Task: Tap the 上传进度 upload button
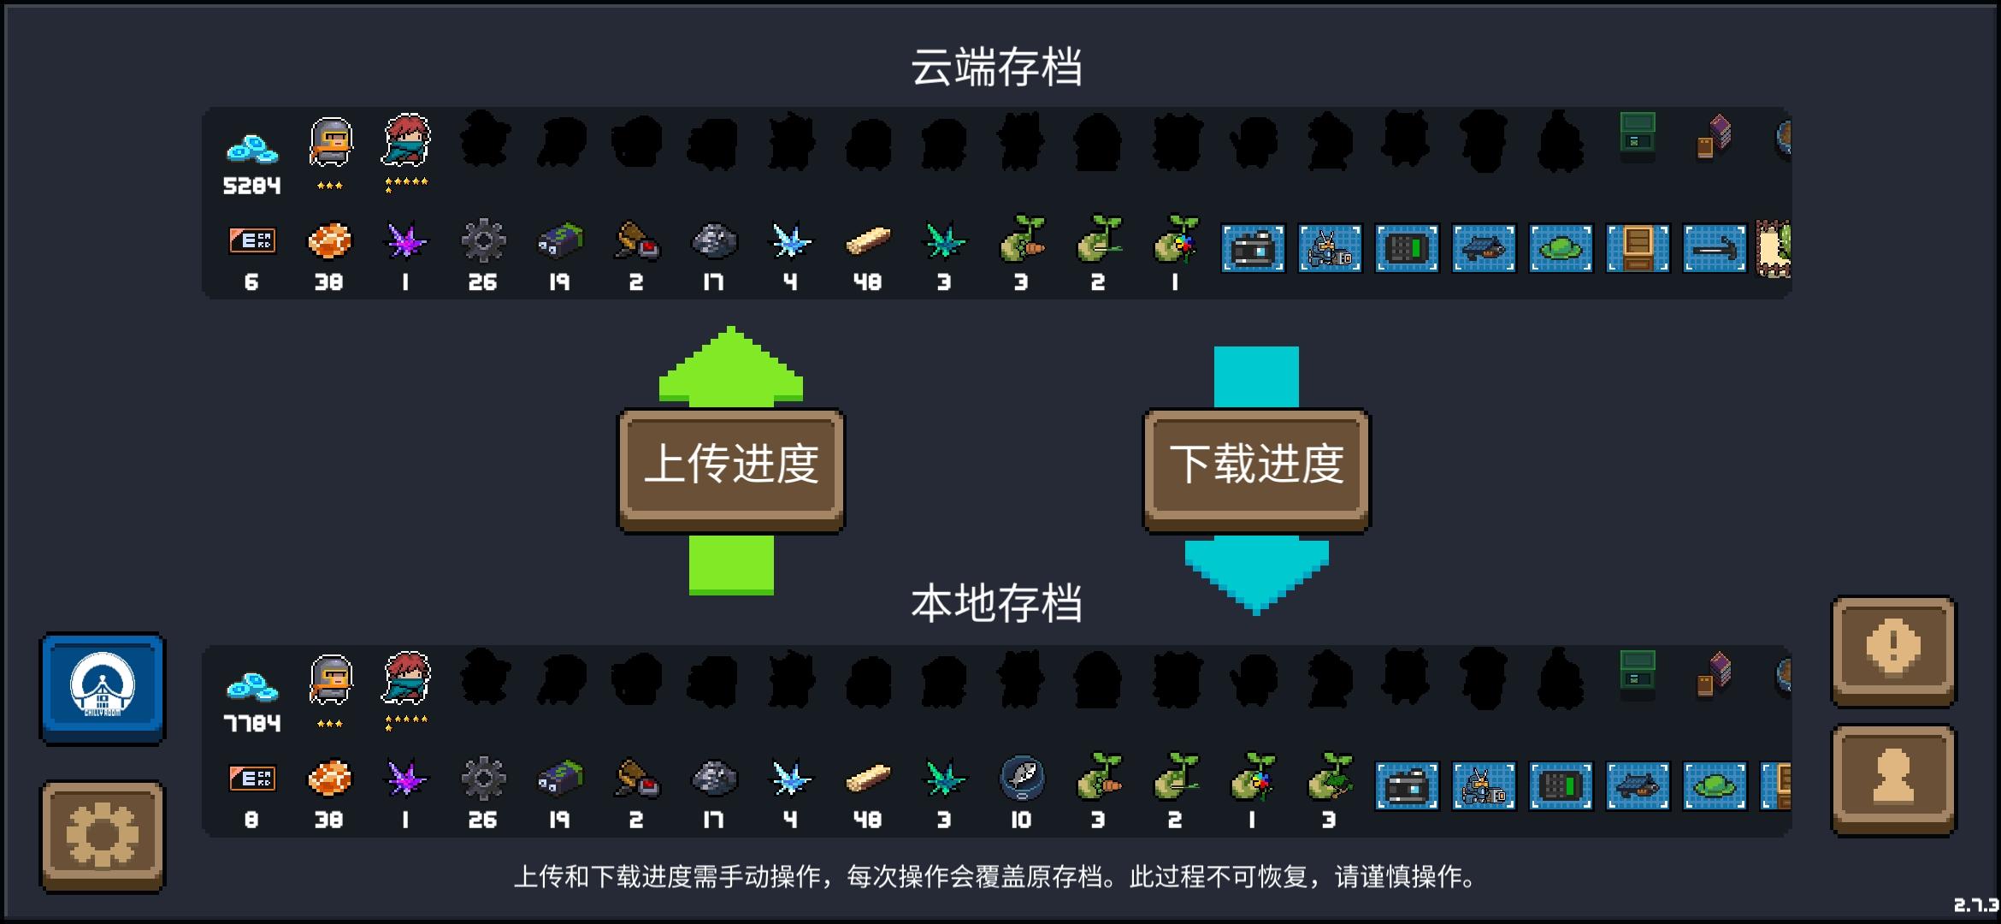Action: tap(731, 466)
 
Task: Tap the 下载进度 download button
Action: tap(1256, 466)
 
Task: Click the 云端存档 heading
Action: tap(996, 68)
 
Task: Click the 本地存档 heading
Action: tap(996, 604)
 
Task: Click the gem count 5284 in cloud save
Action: tap(251, 186)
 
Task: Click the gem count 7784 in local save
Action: tap(251, 724)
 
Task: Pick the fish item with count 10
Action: tap(1022, 779)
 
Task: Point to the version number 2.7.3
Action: tap(1975, 905)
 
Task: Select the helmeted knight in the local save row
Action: tap(330, 680)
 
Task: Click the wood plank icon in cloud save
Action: tap(867, 242)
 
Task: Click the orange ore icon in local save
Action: tap(329, 779)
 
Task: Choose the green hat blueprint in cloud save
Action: tap(1561, 248)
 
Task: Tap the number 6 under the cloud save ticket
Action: tap(251, 282)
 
